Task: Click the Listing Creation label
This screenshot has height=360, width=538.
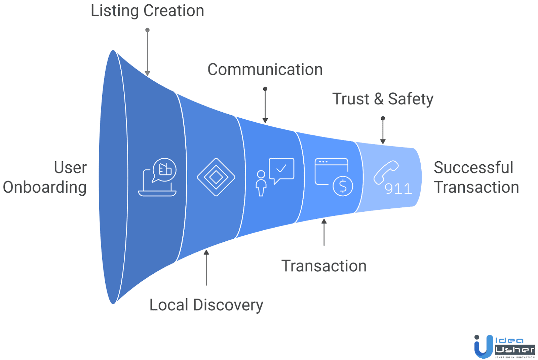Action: (147, 11)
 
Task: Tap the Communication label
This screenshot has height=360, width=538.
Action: (265, 70)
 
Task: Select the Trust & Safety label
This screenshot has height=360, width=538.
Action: (383, 99)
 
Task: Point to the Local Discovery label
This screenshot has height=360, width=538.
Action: (206, 305)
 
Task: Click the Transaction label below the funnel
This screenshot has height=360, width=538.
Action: (324, 266)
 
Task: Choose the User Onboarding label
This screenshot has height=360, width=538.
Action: (45, 177)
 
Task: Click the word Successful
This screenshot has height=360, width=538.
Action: (473, 167)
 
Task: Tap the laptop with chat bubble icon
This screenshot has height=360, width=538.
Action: (158, 177)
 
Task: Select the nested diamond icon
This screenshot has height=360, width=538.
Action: (216, 177)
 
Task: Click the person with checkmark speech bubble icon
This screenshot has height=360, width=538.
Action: (274, 176)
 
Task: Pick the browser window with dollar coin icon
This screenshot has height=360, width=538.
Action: (333, 177)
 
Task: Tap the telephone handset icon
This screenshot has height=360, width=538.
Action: (386, 172)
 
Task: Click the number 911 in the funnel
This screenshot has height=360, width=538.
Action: (398, 189)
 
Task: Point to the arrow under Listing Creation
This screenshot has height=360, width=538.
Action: (147, 52)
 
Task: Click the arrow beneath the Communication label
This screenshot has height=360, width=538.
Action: (265, 105)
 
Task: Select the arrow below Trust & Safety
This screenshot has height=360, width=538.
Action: (383, 131)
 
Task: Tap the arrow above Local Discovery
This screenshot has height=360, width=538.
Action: (206, 267)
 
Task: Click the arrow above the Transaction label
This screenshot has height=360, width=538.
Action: (324, 232)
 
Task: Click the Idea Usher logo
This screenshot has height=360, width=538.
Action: (504, 347)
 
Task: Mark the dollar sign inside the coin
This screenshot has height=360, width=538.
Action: (343, 186)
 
